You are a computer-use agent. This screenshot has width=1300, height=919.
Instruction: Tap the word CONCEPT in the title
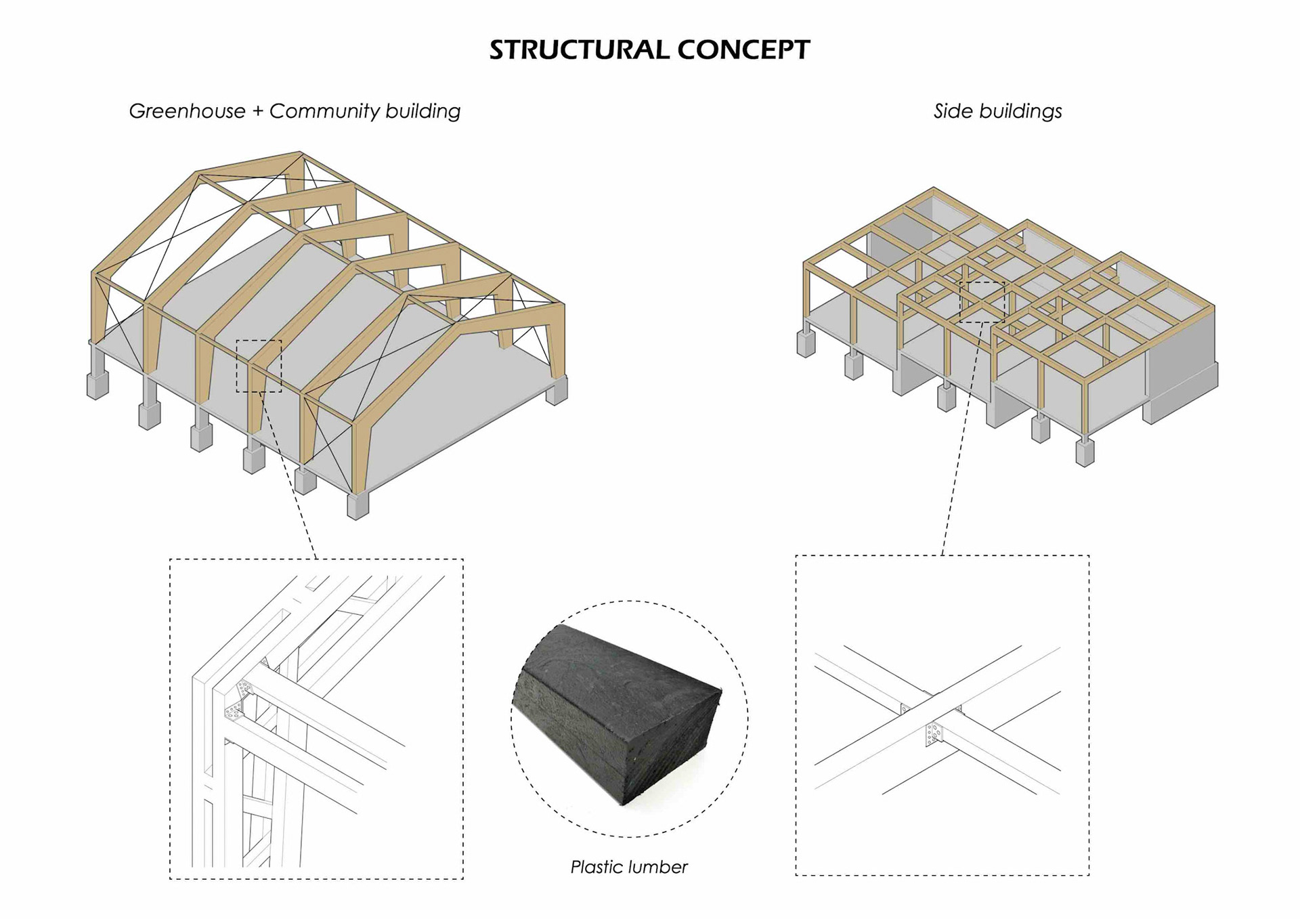point(743,50)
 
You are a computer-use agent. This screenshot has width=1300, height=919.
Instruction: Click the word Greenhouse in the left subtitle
point(187,111)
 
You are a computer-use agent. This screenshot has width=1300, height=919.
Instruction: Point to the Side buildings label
point(997,111)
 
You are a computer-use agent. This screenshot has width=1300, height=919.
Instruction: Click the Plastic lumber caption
point(628,867)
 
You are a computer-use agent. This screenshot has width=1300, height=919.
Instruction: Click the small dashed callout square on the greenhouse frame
point(259,366)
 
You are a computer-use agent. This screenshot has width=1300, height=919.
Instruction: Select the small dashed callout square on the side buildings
point(982,302)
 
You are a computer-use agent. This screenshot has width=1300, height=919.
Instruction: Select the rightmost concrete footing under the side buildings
point(1085,452)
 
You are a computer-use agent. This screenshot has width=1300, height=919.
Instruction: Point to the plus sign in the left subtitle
point(257,112)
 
